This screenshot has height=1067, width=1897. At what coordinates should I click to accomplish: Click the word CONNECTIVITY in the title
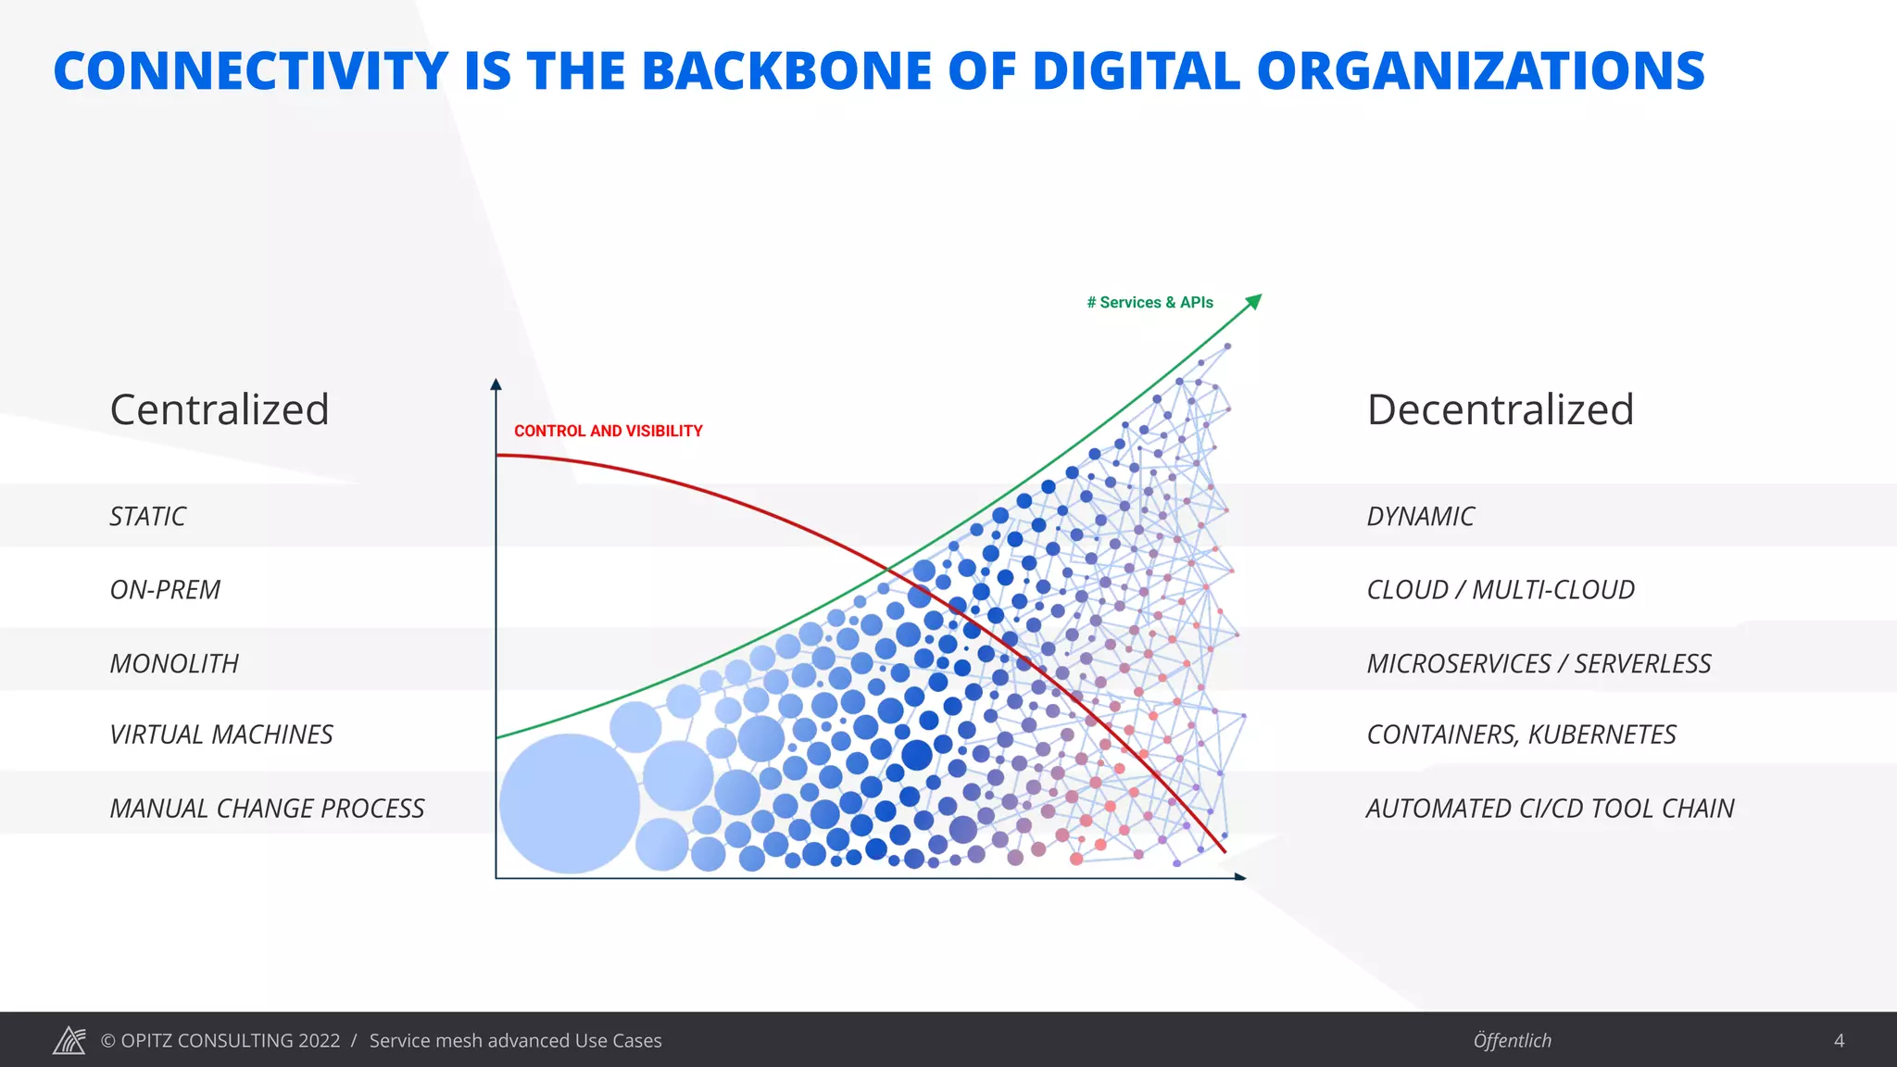[251, 71]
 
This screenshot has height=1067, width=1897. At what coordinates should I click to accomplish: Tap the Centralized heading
[220, 409]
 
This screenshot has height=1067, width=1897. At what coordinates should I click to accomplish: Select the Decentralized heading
[1500, 409]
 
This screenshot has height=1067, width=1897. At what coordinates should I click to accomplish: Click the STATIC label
[147, 517]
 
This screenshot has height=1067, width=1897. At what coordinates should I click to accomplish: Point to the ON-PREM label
[165, 590]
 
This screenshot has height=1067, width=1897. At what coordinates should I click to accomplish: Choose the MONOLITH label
[174, 664]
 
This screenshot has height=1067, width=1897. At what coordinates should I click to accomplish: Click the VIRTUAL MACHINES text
[220, 735]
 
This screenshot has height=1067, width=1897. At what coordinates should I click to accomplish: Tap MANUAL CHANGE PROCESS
[267, 809]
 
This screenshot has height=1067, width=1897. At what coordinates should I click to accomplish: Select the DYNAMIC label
[1420, 517]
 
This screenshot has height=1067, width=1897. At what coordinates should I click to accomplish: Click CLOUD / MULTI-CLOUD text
[1501, 590]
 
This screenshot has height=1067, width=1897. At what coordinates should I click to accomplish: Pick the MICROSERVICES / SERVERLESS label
[1539, 664]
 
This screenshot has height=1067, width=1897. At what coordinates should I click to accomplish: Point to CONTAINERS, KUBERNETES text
[1521, 735]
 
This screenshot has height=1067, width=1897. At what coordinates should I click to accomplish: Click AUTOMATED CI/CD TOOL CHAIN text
[1550, 809]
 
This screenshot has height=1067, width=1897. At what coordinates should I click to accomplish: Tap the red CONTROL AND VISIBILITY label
[608, 432]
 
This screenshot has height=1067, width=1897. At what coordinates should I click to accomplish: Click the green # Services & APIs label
[1150, 303]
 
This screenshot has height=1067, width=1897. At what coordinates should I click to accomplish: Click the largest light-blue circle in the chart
[570, 803]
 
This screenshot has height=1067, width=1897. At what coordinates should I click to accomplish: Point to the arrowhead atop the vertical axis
[496, 383]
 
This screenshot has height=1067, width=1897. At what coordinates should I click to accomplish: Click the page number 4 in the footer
[1839, 1041]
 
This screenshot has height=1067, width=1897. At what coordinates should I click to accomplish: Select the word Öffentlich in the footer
[1512, 1041]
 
